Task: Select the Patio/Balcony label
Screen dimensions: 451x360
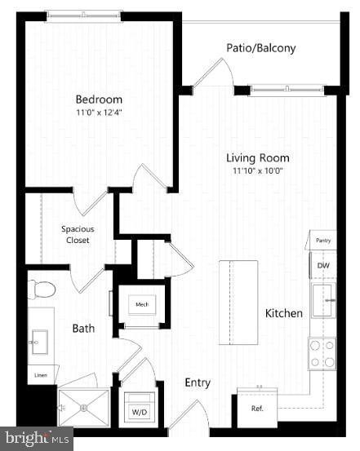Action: click(261, 48)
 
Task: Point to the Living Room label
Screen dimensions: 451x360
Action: click(258, 158)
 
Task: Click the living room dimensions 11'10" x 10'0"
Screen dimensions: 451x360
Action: click(258, 171)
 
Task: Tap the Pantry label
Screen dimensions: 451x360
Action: click(324, 241)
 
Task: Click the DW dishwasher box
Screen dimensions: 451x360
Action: click(324, 265)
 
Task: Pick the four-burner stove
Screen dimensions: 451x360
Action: click(322, 353)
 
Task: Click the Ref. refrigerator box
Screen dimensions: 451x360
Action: click(256, 408)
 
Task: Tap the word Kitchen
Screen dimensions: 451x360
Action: click(284, 313)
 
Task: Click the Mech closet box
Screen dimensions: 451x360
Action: click(142, 305)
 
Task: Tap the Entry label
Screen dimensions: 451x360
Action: click(198, 382)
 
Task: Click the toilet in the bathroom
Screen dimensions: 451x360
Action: click(42, 290)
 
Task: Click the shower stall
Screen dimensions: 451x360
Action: click(83, 405)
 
